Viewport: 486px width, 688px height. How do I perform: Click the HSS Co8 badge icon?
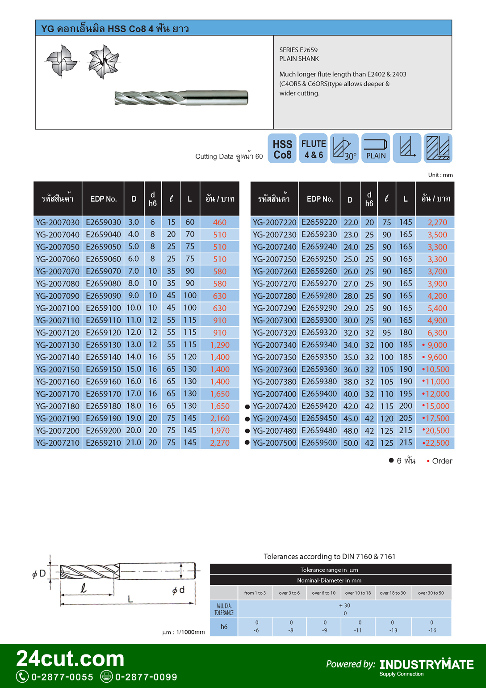click(x=282, y=149)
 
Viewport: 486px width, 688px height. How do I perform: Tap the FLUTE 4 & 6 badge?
click(x=314, y=149)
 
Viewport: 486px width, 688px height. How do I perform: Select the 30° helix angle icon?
click(x=344, y=149)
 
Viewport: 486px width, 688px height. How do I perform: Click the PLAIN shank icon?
click(x=376, y=149)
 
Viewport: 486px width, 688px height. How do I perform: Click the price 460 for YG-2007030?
click(x=220, y=223)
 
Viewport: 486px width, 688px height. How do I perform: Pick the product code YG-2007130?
click(x=58, y=345)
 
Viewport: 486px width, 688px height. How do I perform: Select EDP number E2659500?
click(x=319, y=443)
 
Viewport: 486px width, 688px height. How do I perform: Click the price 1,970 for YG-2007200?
click(x=220, y=431)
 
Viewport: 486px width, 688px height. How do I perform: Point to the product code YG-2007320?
click(x=274, y=333)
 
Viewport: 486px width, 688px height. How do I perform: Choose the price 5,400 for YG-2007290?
click(x=437, y=308)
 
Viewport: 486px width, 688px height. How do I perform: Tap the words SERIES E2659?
click(x=298, y=50)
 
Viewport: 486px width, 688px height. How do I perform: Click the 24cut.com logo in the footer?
click(x=70, y=659)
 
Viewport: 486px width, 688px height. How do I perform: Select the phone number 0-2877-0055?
click(x=62, y=677)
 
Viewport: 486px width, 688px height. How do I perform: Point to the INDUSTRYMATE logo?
click(x=427, y=665)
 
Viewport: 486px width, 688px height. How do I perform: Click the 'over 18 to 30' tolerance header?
click(x=393, y=593)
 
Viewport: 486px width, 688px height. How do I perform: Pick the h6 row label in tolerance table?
click(x=224, y=627)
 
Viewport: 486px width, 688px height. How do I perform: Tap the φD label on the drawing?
click(x=39, y=574)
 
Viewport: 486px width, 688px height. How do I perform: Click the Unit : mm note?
click(x=440, y=175)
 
